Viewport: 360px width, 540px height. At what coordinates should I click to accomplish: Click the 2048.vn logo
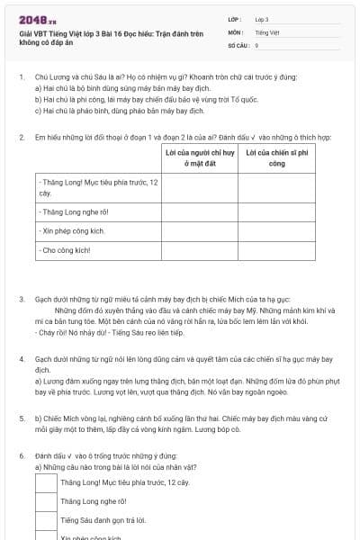click(x=37, y=19)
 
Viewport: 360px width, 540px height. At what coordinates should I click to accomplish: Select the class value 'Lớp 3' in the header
click(x=262, y=18)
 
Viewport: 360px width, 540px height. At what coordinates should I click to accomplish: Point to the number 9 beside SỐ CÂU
click(x=256, y=43)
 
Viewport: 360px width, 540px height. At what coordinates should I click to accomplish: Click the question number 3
click(x=22, y=298)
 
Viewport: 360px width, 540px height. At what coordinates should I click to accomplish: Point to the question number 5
click(x=22, y=418)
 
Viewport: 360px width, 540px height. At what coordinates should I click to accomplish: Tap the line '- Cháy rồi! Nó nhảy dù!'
click(x=72, y=333)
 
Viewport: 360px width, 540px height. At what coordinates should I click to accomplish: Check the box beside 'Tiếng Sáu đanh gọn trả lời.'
click(x=46, y=520)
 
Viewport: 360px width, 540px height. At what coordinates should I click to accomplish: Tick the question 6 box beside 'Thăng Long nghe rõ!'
click(x=46, y=501)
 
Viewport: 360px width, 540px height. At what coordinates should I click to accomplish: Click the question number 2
click(x=22, y=137)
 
